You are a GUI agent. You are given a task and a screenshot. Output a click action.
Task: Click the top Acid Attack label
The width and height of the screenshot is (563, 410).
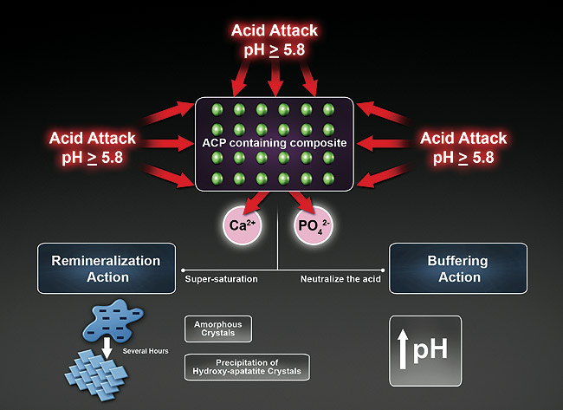[275, 40]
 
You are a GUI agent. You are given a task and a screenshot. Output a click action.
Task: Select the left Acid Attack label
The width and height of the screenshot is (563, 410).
[93, 147]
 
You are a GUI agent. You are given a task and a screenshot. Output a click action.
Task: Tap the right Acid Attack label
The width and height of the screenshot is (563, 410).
[463, 147]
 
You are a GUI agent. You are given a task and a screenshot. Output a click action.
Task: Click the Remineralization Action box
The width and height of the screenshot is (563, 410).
[106, 269]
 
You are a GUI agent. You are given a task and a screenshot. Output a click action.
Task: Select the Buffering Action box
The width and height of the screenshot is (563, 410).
[458, 269]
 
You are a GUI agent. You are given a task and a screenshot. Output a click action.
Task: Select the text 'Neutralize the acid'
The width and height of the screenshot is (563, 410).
[336, 279]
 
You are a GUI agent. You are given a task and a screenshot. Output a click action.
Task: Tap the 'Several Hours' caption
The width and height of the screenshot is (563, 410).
[148, 351]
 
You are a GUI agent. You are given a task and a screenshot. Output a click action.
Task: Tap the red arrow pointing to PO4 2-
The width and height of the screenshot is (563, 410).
[299, 202]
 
